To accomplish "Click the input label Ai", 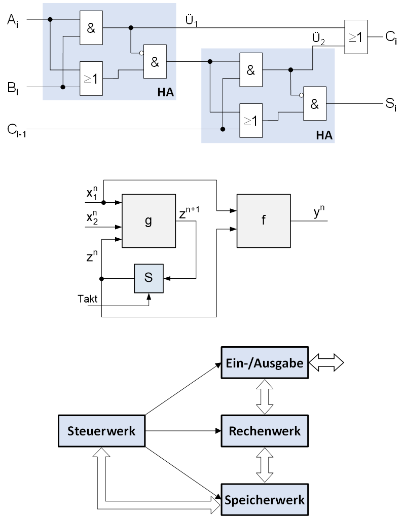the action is tap(13, 21).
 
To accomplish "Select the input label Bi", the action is tap(13, 88).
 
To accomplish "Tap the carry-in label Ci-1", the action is tap(17, 130).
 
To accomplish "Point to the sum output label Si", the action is tap(391, 105).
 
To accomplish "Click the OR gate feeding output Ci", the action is tap(356, 37).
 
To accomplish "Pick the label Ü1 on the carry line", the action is tap(191, 21).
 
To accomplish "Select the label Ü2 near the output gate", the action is tap(318, 39).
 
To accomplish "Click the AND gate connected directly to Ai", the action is tap(91, 28).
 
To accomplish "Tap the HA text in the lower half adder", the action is tap(324, 135).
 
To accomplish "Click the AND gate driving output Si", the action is tap(315, 103).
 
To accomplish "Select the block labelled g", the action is tap(149, 221).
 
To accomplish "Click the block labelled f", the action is tap(264, 221).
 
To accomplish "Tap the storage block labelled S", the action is tap(149, 278).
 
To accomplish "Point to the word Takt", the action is tap(87, 299).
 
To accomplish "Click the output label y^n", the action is tap(319, 212).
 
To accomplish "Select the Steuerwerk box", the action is tap(101, 431).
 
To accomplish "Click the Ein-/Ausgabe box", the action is tap(265, 363).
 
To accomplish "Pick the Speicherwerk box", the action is tap(265, 500).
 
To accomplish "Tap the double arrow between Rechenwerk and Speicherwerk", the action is tap(265, 465).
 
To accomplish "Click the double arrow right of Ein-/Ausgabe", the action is tap(326, 363).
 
